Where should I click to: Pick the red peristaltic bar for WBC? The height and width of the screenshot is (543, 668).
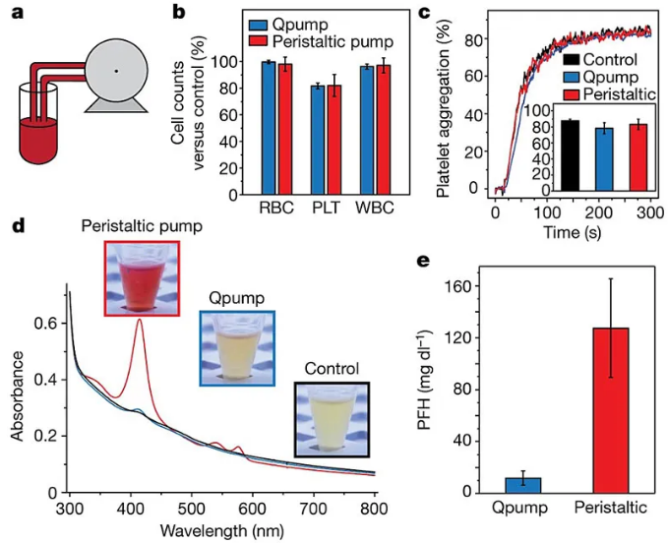tap(385, 130)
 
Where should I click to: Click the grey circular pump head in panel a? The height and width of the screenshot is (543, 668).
tap(117, 71)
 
